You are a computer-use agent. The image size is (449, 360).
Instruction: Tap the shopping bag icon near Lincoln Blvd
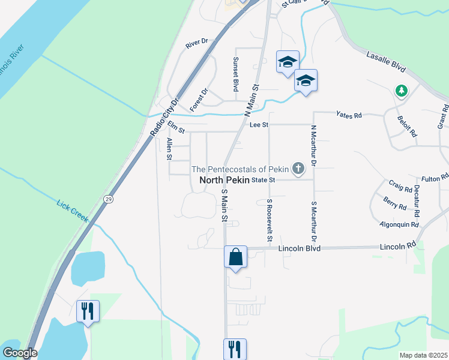[235, 257]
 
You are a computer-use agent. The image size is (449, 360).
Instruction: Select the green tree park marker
[401, 91]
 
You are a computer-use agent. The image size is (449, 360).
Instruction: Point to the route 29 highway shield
[107, 199]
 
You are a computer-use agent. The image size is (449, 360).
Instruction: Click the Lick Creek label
[73, 211]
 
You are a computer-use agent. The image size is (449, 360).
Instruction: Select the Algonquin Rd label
[398, 224]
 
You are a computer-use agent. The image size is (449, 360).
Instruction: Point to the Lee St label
[259, 125]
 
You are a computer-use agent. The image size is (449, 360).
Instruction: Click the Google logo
[20, 353]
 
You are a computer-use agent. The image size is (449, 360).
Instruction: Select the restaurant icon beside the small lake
[88, 311]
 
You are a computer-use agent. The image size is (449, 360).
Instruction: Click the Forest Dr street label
[198, 100]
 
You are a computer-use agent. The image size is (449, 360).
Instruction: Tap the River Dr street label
[196, 43]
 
